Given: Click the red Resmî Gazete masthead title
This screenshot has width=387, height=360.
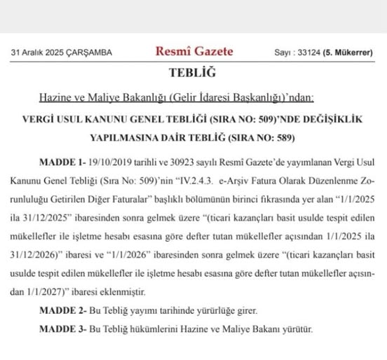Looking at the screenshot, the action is tap(194, 51).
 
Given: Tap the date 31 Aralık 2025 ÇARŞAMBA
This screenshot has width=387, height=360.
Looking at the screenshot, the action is tap(61, 53).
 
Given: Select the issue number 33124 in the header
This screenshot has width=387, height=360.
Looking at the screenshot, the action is tap(306, 53).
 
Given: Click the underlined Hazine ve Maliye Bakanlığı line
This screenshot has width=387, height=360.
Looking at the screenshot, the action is tap(177, 96).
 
